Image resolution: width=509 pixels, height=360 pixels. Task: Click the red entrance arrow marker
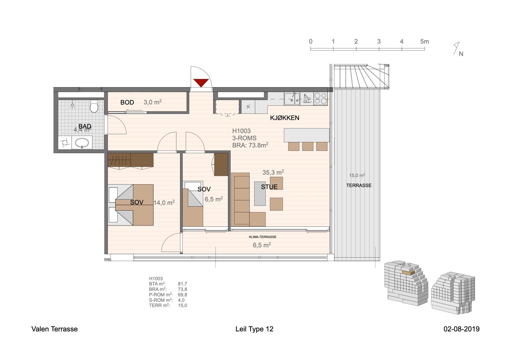point(201,83)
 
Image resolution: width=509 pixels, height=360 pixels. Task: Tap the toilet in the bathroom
point(94,106)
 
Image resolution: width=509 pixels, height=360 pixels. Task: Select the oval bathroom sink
point(82,143)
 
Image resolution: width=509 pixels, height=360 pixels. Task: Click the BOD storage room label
point(127,103)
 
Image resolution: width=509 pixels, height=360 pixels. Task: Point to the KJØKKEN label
point(284,118)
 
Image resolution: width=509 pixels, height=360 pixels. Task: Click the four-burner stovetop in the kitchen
point(321,99)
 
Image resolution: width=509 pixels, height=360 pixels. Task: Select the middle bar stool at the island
point(308,147)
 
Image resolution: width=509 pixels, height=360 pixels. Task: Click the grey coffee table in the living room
point(260,193)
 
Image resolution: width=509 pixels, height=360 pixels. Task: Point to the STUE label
point(269,187)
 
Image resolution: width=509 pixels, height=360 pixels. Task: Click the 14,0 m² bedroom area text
point(164,202)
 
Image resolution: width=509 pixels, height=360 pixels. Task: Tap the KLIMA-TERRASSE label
point(262,237)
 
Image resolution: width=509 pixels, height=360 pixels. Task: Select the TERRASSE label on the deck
point(359,185)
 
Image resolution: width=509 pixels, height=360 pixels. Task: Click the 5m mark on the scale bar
point(424,42)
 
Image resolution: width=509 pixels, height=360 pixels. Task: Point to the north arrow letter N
point(461,54)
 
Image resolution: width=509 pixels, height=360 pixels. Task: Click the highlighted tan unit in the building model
point(408,272)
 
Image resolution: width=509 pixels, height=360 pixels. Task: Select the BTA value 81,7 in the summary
point(183,284)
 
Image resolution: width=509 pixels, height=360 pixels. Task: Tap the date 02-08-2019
point(462,329)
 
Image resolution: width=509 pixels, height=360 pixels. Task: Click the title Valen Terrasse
point(54,329)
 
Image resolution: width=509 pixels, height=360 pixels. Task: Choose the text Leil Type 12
point(254,329)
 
